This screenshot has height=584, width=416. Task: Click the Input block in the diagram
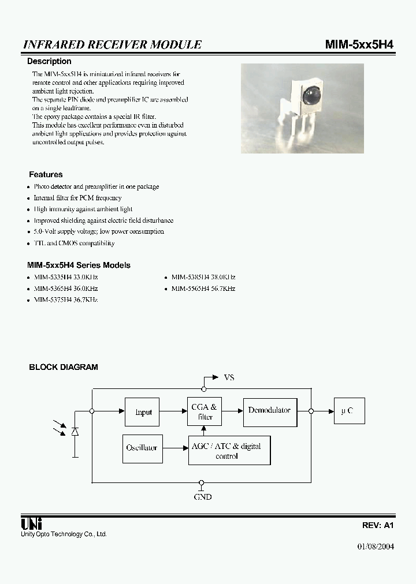(x=142, y=412)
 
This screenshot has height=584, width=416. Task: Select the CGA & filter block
(x=205, y=412)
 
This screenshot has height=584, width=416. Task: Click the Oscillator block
(x=142, y=448)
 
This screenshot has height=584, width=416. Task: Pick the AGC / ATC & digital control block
(x=229, y=451)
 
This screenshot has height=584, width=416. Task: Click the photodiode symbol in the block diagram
(x=75, y=432)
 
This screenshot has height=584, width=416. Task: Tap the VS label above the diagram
(x=229, y=377)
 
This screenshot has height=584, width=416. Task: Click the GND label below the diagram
(x=202, y=497)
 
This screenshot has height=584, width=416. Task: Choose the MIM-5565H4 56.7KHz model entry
(x=203, y=289)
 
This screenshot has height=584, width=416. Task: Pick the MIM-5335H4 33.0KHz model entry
(x=66, y=277)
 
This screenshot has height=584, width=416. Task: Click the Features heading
(x=46, y=174)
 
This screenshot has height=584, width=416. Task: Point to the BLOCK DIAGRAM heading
(x=64, y=367)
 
